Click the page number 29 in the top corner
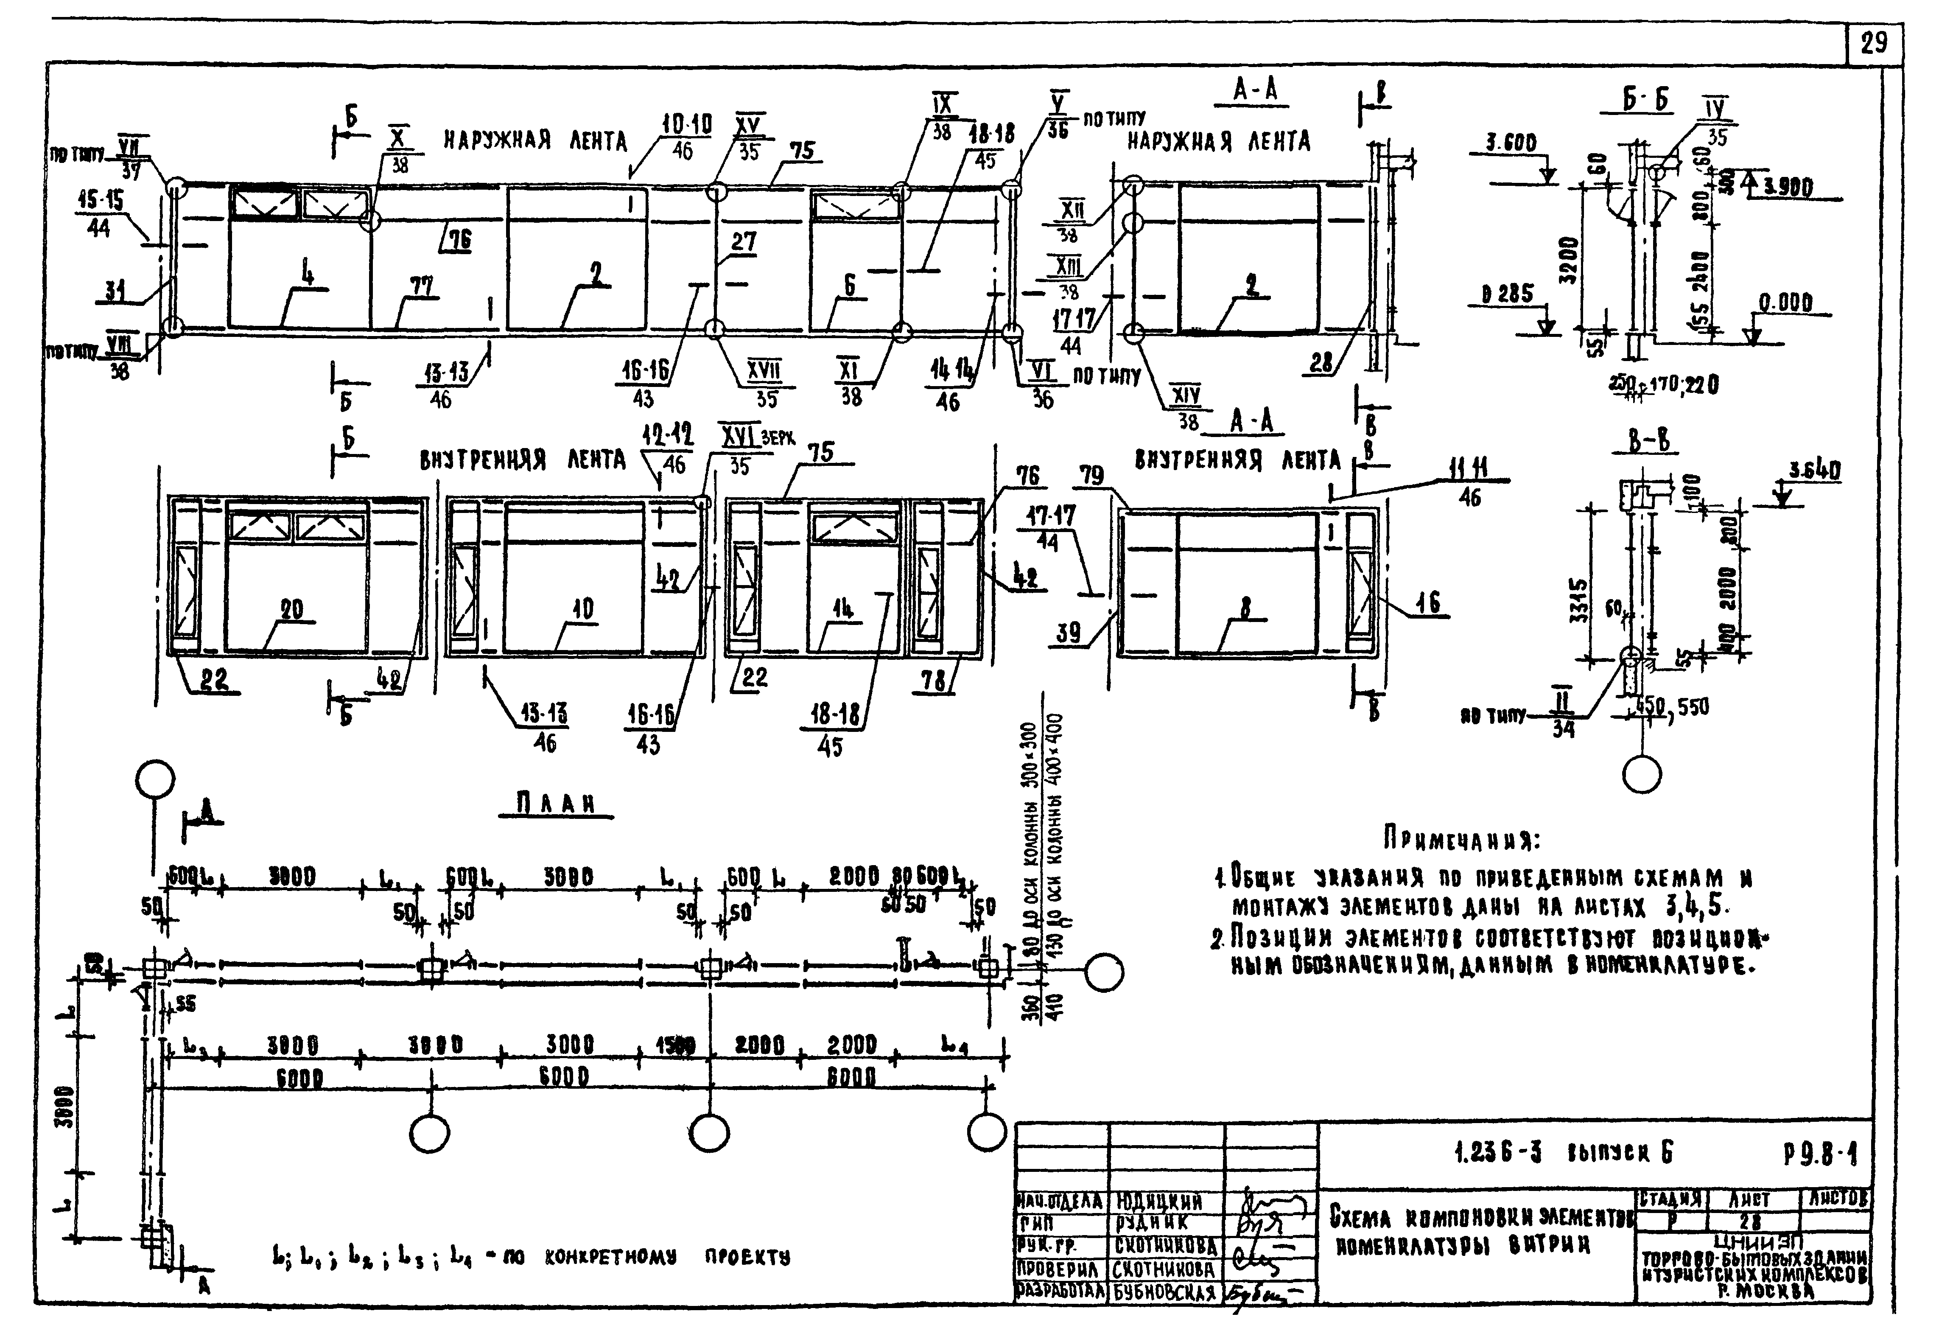1873,42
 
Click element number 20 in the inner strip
291,610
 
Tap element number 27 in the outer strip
743,242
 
